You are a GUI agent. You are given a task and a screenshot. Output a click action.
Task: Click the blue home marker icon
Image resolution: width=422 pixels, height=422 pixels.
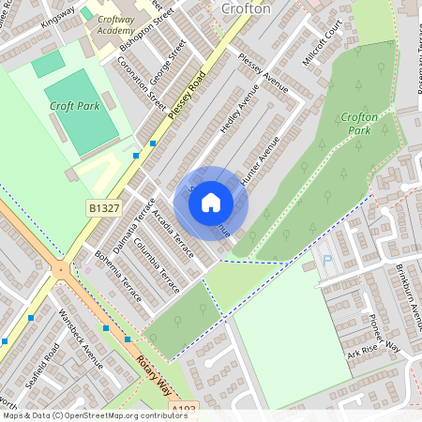[211, 203]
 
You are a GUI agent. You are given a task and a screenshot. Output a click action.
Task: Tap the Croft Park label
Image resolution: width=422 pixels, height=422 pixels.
[75, 106]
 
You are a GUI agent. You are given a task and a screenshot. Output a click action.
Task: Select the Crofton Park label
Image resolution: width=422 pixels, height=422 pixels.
[359, 124]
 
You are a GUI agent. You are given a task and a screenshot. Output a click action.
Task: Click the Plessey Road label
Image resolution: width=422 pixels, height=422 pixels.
[188, 98]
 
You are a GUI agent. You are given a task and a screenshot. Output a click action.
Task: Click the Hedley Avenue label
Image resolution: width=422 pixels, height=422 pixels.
[238, 109]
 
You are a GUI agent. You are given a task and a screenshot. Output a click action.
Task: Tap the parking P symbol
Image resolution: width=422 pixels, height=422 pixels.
[327, 260]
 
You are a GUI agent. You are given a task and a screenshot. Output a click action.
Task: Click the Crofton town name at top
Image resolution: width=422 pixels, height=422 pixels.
[246, 8]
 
